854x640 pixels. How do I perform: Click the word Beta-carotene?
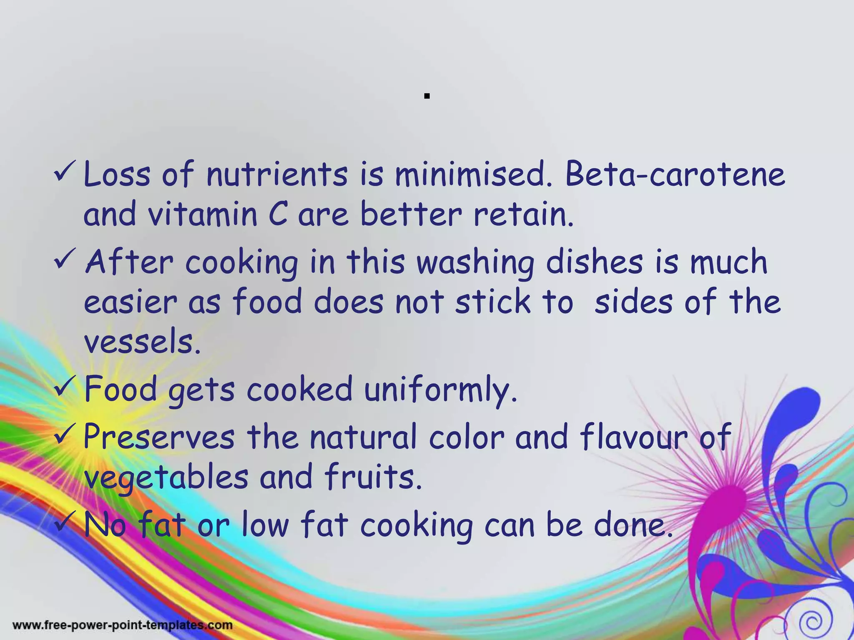pyautogui.click(x=674, y=174)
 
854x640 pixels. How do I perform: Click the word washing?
pyautogui.click(x=475, y=262)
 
